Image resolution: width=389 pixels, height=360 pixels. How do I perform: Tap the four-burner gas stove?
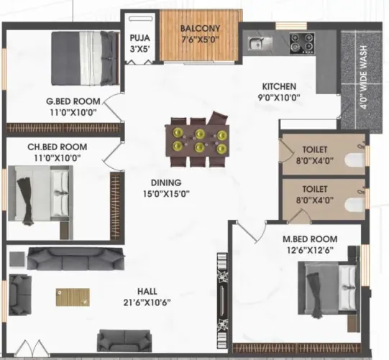click(302, 43)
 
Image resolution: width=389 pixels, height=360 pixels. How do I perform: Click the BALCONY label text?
click(200, 28)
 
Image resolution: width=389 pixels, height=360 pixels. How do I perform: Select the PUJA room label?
click(140, 38)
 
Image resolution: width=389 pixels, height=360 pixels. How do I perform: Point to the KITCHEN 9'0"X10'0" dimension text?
click(279, 98)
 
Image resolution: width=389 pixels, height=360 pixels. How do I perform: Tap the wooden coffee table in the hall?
click(73, 297)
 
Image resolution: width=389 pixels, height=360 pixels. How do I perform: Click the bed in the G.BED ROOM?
click(85, 58)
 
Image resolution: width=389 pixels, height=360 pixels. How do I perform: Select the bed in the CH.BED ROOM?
click(41, 193)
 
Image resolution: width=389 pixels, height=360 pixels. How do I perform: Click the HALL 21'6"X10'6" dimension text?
click(147, 303)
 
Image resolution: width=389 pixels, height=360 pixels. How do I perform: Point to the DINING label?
click(166, 183)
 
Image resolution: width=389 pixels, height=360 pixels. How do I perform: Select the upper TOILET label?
click(315, 149)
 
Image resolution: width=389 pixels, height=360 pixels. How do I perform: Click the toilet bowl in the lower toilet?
click(354, 206)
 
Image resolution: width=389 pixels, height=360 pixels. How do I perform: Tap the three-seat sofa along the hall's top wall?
click(75, 259)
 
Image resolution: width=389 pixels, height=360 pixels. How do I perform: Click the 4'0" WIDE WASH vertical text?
click(363, 77)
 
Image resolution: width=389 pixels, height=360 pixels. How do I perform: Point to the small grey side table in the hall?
click(17, 259)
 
